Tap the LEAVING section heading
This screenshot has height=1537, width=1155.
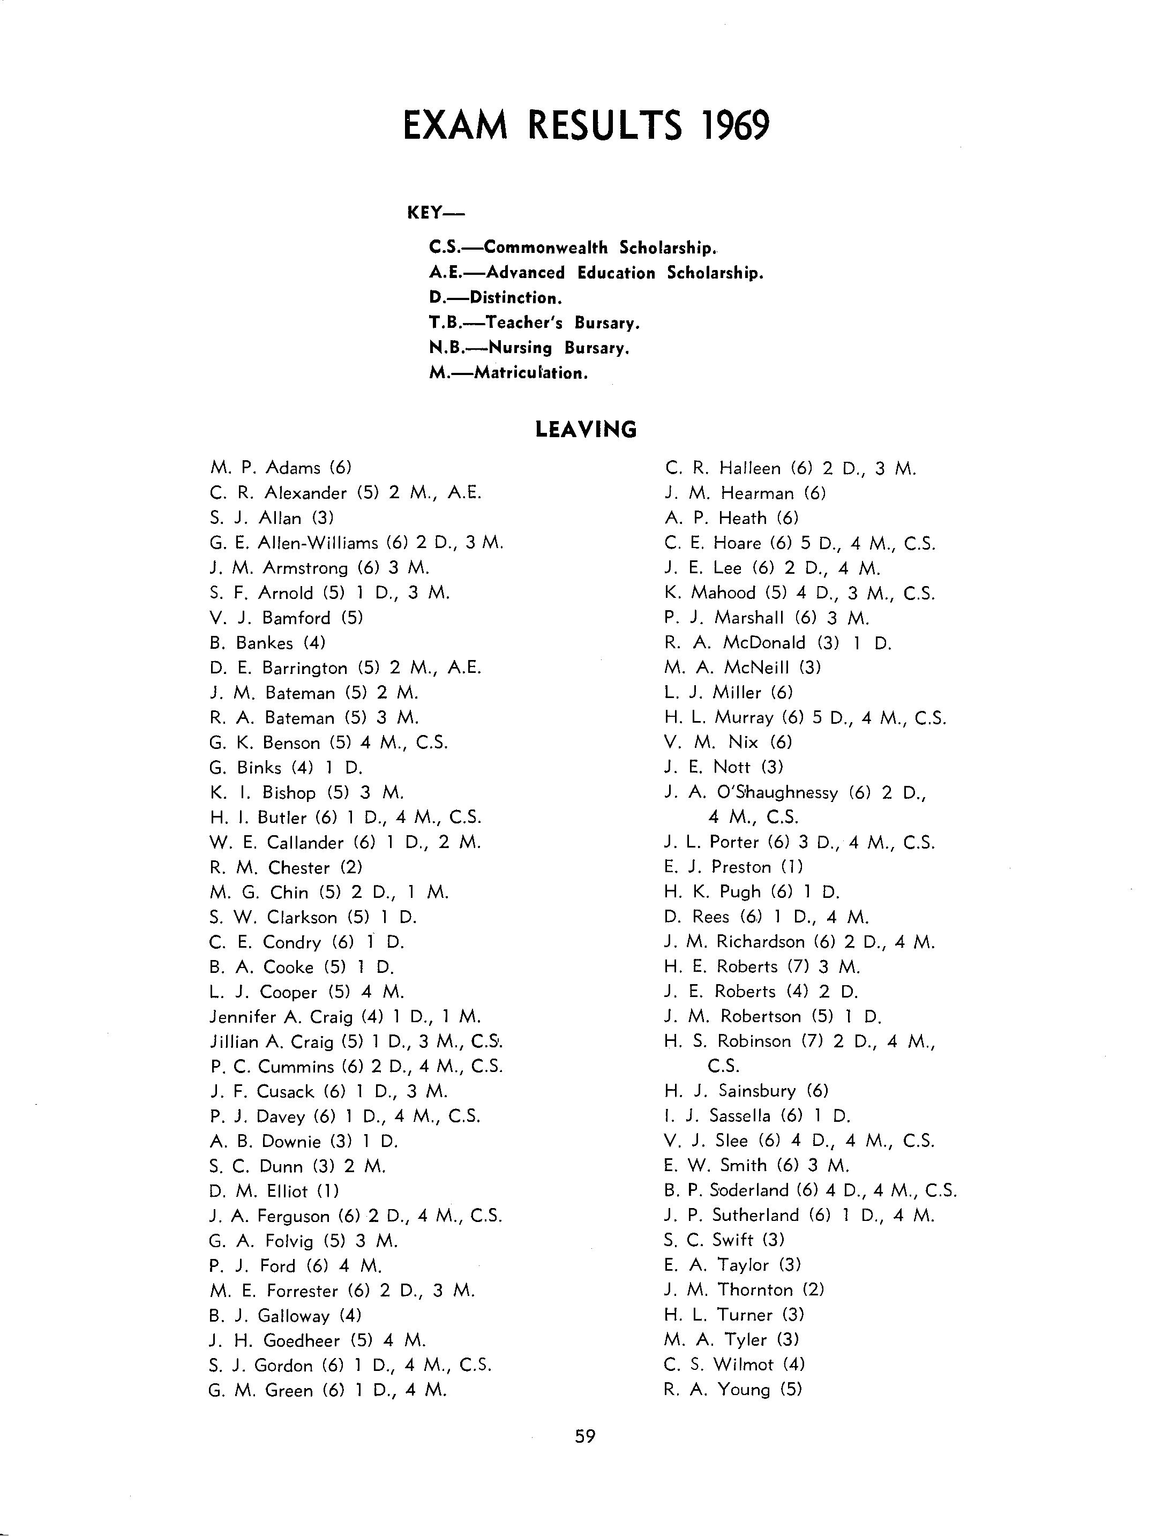pos(586,430)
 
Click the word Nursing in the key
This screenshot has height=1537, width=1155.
pos(521,348)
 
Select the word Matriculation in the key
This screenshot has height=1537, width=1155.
pos(531,373)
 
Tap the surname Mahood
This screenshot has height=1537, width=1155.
pos(723,593)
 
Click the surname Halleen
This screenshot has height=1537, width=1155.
pos(750,468)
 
